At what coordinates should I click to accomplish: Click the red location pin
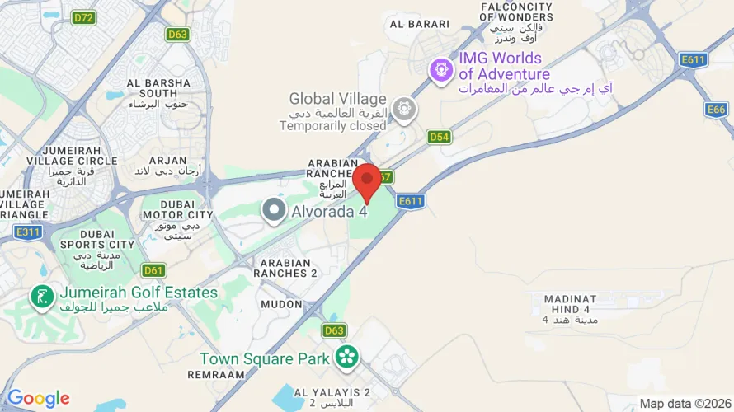(x=366, y=180)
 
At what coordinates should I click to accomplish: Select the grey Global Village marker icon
(x=403, y=107)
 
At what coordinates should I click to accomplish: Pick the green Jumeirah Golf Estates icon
(x=40, y=296)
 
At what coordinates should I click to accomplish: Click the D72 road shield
(x=82, y=16)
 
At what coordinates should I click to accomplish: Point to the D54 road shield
(x=439, y=137)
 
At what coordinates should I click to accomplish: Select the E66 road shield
(x=717, y=109)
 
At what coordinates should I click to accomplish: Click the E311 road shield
(x=28, y=232)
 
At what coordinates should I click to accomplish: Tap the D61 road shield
(x=153, y=269)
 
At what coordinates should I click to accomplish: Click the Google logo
(x=38, y=399)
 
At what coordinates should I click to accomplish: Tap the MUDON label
(x=281, y=304)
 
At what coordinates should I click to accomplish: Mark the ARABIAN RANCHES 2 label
(x=285, y=267)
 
